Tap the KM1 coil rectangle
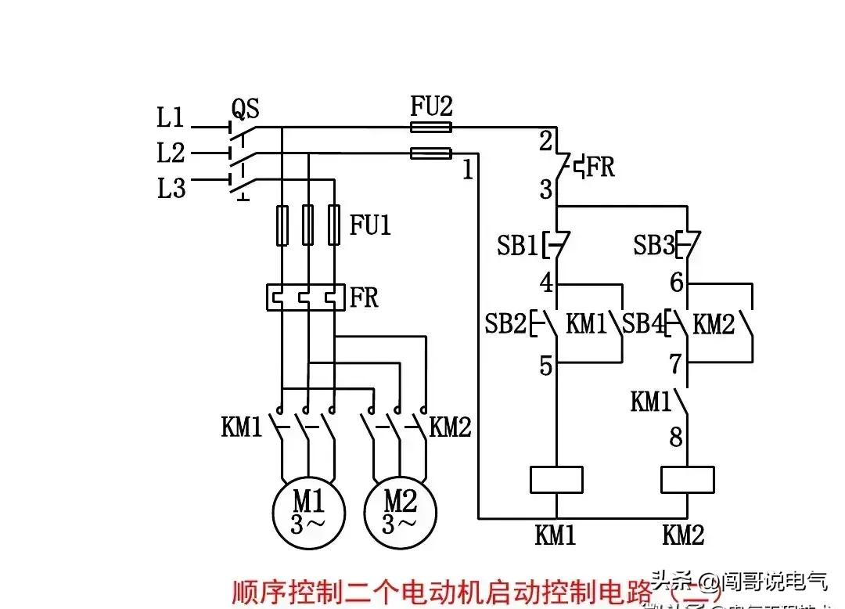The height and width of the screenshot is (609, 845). pyautogui.click(x=556, y=479)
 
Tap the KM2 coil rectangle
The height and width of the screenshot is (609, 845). pyautogui.click(x=687, y=479)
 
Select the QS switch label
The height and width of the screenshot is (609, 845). pyautogui.click(x=245, y=108)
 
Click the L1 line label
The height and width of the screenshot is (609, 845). pyautogui.click(x=171, y=119)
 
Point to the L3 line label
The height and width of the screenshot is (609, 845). pyautogui.click(x=171, y=189)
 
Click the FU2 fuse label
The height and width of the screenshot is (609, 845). pyautogui.click(x=431, y=106)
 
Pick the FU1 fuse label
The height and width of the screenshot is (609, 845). pyautogui.click(x=370, y=226)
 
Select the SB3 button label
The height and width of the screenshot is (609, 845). pyautogui.click(x=654, y=247)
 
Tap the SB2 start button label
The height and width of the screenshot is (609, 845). pyautogui.click(x=505, y=324)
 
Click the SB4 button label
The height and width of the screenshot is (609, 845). pyautogui.click(x=642, y=324)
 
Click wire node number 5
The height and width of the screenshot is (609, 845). pyautogui.click(x=545, y=366)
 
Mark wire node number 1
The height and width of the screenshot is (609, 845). pyautogui.click(x=468, y=170)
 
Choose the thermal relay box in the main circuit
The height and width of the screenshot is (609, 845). pyautogui.click(x=306, y=297)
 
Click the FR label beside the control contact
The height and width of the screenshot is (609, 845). pyautogui.click(x=600, y=168)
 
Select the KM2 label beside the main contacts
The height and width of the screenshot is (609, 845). pyautogui.click(x=451, y=427)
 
